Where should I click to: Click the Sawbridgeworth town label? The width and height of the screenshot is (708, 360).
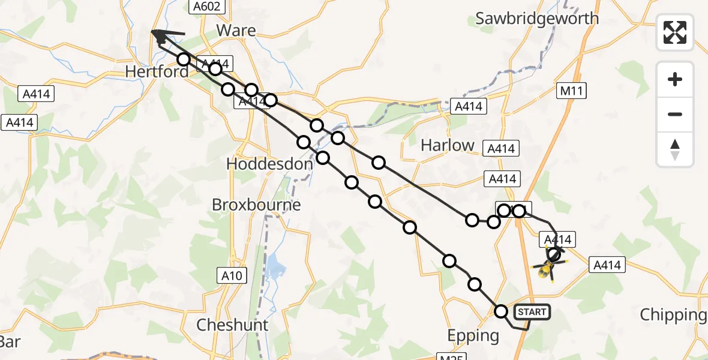click(x=537, y=19)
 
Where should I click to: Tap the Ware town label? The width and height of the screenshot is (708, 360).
click(x=236, y=31)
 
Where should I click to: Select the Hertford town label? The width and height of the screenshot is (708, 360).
click(x=157, y=72)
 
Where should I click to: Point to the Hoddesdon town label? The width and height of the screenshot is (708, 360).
click(x=269, y=164)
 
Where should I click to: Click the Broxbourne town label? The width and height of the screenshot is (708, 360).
click(x=256, y=205)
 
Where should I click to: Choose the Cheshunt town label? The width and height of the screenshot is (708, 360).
click(x=233, y=325)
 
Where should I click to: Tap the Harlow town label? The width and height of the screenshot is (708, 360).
click(x=448, y=145)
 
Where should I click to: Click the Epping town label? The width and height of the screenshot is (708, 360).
click(x=473, y=335)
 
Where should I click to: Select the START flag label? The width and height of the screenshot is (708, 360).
click(x=532, y=312)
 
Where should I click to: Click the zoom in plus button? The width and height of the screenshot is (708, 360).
click(x=675, y=79)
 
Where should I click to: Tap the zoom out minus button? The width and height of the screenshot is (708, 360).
click(x=675, y=114)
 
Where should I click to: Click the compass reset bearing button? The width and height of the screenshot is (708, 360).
click(x=675, y=149)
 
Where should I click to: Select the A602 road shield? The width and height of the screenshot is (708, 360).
click(x=208, y=7)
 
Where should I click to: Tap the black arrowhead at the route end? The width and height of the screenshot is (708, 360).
click(x=159, y=36)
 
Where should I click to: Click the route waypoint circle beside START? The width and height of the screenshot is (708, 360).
click(x=501, y=311)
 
